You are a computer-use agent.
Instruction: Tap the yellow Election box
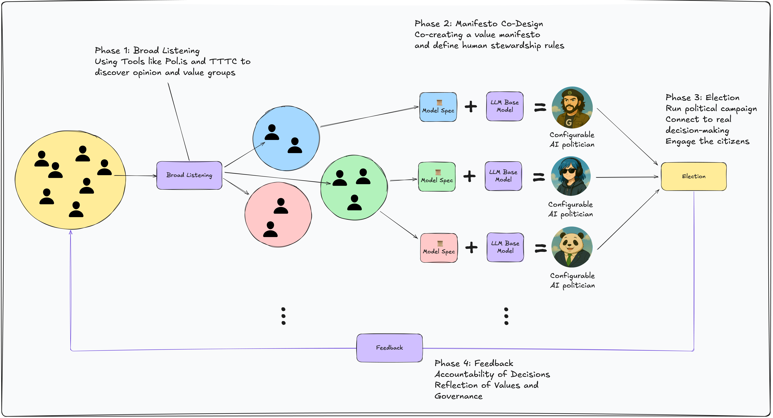tap(694, 176)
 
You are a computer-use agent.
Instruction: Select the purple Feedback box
tap(389, 348)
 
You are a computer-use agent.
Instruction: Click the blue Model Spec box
tap(438, 107)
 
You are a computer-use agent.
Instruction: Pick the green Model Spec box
tap(437, 177)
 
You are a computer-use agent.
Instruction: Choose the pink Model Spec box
tap(439, 248)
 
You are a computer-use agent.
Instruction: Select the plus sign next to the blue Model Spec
tap(471, 107)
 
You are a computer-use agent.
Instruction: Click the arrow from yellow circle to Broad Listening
tap(135, 176)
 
